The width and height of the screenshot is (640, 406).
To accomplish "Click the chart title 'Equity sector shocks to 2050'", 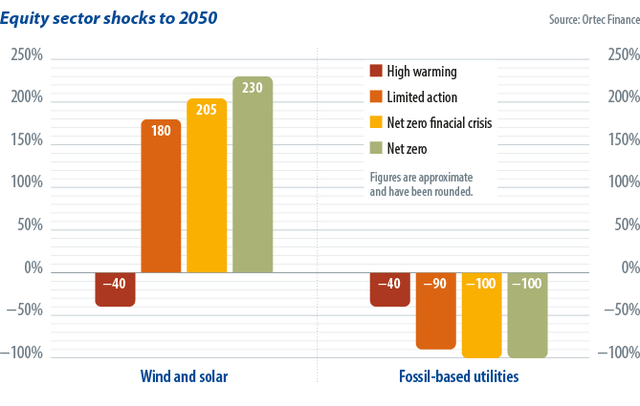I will pos(116,18).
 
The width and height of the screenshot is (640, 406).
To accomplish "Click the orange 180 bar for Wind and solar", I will pos(161,195).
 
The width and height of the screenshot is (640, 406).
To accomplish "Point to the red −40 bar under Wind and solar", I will pos(115,288).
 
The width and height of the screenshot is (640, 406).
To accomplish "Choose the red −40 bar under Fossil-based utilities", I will pos(389,288).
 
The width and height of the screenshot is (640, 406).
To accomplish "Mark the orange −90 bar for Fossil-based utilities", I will pos(435,310).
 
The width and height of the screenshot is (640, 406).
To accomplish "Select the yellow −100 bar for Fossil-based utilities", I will pos(481,314).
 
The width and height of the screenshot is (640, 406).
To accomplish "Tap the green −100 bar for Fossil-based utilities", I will pos(527,314).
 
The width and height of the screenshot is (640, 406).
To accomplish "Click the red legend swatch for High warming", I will pos(375,72).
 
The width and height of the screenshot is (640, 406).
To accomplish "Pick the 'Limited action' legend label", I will pos(422,97).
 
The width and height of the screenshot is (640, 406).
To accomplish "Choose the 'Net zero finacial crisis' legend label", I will pos(439,123).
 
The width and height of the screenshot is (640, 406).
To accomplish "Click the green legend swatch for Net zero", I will pos(375,149).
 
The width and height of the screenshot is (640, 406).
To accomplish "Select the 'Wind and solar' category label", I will pos(184,377).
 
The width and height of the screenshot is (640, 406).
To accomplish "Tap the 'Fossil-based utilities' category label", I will pos(458,377).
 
